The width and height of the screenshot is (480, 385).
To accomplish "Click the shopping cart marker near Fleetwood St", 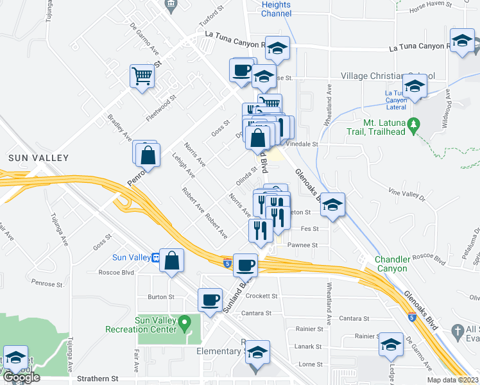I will (142, 76).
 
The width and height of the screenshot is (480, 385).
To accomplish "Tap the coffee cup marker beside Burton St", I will (210, 300).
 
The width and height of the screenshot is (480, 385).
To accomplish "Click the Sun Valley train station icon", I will (155, 258).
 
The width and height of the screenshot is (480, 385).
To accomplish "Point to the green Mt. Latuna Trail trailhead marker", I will (414, 123).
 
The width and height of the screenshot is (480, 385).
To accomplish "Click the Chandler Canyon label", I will (391, 264).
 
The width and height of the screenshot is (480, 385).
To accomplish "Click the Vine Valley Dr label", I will (407, 191).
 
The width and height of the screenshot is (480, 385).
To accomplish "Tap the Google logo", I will (22, 377).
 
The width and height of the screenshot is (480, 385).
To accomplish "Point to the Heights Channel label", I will (276, 9).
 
